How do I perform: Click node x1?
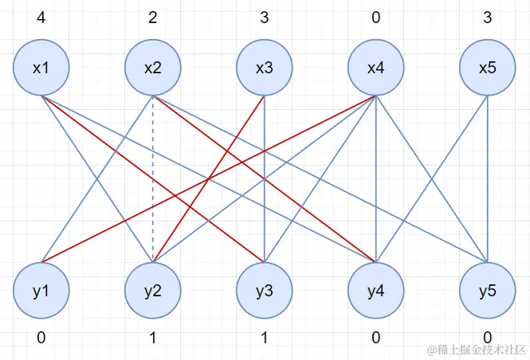coord(41,68)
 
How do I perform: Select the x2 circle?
coord(153,68)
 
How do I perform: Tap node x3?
coord(265,68)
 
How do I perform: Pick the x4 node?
coord(376,68)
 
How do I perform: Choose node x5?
coord(488,68)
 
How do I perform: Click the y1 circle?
coord(41,291)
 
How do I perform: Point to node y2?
coord(153,291)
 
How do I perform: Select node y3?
coord(265,291)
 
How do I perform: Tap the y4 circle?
coord(376,291)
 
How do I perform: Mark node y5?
coord(488,291)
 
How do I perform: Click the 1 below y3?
coord(265,338)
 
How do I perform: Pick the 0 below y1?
coord(41,338)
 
